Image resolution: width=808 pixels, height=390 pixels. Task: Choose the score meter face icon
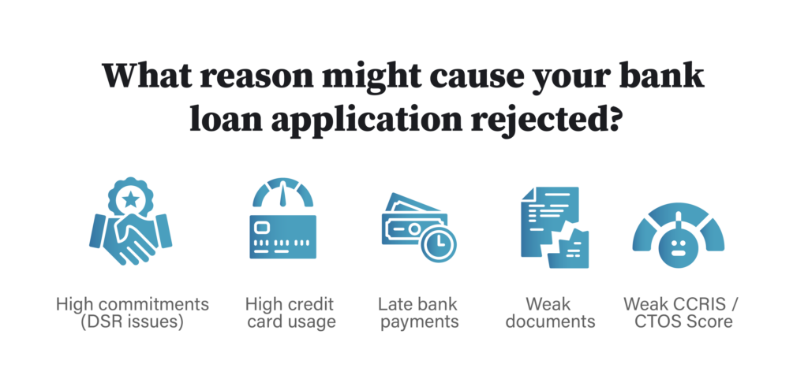(679, 237)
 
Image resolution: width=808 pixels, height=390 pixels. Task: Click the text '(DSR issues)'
(133, 322)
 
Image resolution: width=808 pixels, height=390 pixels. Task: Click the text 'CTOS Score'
(679, 322)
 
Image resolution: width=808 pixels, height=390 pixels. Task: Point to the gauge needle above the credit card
(282, 190)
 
